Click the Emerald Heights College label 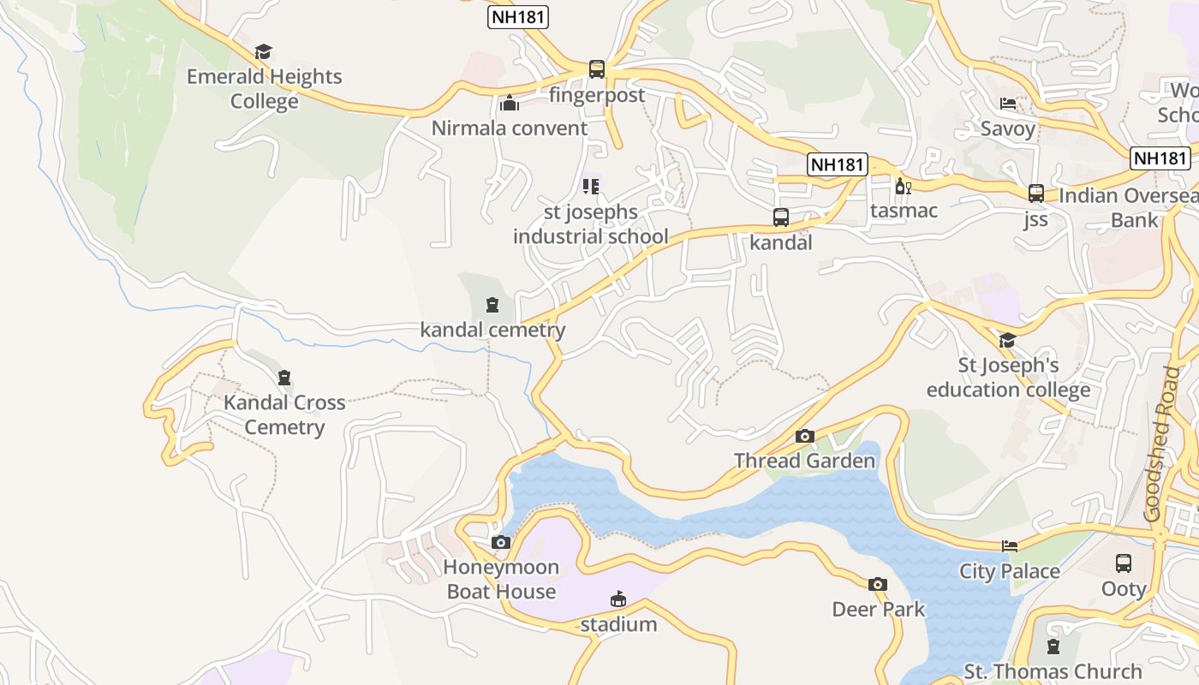click(x=264, y=88)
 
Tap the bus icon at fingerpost click(x=597, y=69)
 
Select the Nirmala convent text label click(x=510, y=128)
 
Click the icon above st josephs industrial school click(x=591, y=186)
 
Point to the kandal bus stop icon click(x=781, y=217)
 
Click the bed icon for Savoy click(x=1008, y=104)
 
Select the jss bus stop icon click(x=1036, y=194)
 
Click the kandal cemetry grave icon click(x=492, y=305)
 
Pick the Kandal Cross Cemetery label click(x=284, y=414)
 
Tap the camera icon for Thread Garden click(x=804, y=437)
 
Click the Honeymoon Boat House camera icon click(x=501, y=542)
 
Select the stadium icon click(x=618, y=599)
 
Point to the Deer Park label click(x=879, y=609)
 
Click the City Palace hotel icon click(x=1010, y=546)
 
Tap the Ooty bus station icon click(x=1124, y=563)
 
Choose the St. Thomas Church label click(x=1053, y=670)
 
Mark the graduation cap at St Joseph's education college click(x=1007, y=341)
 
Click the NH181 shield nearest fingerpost click(x=518, y=17)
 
